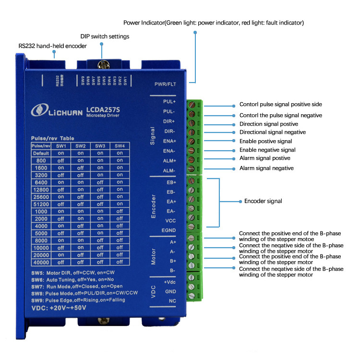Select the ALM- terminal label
coord(169,170)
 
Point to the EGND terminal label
coord(168,229)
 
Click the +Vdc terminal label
coord(169,282)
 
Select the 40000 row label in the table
coord(40,262)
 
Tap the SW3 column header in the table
coord(100,146)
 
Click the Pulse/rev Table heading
coord(53,138)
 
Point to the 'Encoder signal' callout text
coord(263,201)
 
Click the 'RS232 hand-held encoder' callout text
coord(53,46)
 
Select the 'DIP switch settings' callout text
coord(104,36)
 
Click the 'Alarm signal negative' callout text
coord(266,168)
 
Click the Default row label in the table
coord(41,153)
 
